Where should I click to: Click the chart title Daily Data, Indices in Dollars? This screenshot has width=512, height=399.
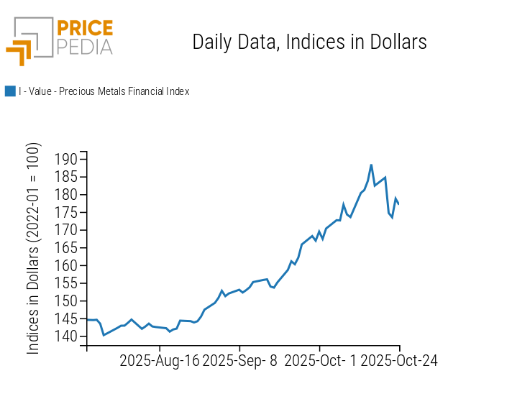coord(309,42)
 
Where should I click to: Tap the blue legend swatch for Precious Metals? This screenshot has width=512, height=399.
coord(10,91)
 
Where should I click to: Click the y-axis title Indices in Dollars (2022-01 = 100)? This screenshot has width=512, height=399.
coord(34,248)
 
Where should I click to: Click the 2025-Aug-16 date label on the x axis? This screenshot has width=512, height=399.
coord(159,360)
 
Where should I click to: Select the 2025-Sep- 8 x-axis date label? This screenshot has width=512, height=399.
coord(240,360)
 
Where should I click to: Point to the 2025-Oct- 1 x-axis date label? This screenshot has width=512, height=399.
coord(320,360)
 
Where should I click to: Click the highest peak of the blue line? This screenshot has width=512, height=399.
coord(371,165)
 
